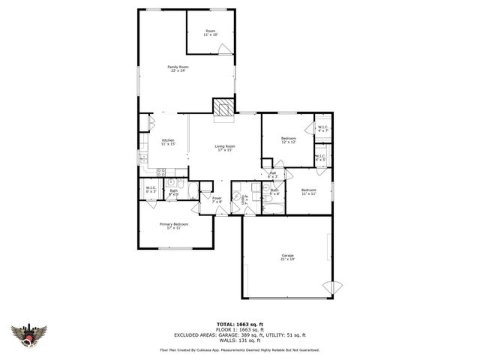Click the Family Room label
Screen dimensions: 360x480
coord(178,68)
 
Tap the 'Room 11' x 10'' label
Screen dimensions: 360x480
coord(211,33)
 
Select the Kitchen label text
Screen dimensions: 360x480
coord(168,142)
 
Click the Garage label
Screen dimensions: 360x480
coord(287,257)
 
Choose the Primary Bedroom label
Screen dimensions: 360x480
coord(173,226)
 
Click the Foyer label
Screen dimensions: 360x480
coord(216,199)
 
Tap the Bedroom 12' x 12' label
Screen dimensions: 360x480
coord(289,140)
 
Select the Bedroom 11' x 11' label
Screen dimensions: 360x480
coord(309,191)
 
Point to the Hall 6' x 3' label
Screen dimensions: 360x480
coord(272,175)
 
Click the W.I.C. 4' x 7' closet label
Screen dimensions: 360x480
coord(322,129)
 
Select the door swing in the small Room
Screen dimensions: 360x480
coord(223,49)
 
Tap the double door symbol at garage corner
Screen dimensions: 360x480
coord(331,288)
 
